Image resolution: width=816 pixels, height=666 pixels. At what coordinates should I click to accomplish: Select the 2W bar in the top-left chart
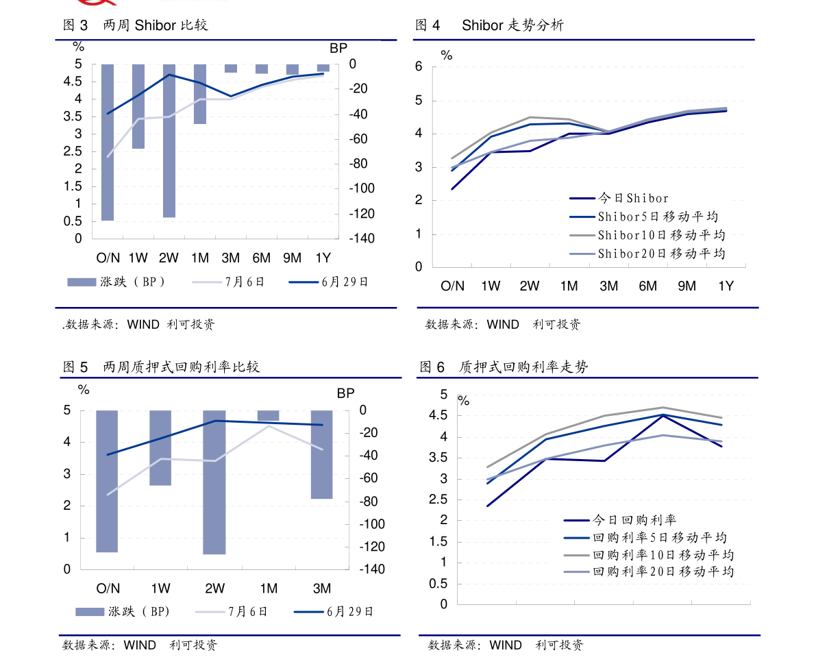pyautogui.click(x=169, y=140)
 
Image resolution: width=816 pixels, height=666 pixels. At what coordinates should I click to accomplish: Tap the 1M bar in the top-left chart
pyautogui.click(x=200, y=94)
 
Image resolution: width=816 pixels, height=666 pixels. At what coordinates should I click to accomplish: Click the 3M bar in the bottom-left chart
pyautogui.click(x=321, y=454)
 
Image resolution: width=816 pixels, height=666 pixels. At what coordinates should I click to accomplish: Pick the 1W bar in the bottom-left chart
pyautogui.click(x=160, y=447)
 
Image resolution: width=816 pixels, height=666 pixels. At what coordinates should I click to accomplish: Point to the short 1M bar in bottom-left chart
pyautogui.click(x=268, y=416)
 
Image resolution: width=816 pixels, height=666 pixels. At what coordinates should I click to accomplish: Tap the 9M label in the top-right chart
pyautogui.click(x=687, y=286)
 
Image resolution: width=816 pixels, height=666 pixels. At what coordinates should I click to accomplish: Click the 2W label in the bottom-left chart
pyautogui.click(x=215, y=589)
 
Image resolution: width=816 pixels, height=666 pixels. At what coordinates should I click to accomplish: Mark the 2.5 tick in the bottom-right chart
pyautogui.click(x=438, y=500)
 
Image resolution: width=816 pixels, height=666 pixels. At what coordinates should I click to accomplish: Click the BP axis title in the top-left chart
pyautogui.click(x=338, y=49)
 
